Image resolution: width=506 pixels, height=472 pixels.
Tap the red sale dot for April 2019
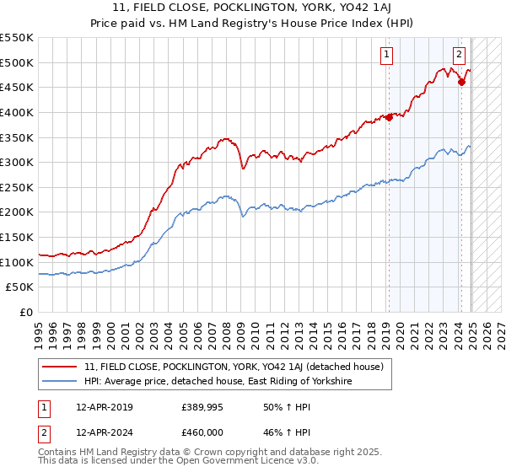click(389, 117)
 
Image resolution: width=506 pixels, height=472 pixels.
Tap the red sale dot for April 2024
click(461, 82)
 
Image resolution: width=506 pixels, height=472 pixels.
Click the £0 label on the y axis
click(26, 313)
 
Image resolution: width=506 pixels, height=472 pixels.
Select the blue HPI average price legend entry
click(217, 382)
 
